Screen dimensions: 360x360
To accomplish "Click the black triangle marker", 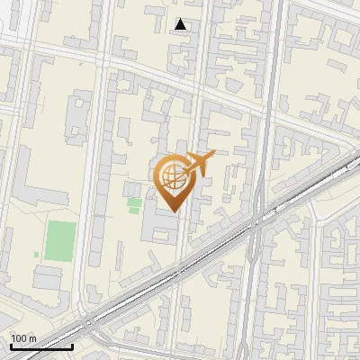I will [x=181, y=24].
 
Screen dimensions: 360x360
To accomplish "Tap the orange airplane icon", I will [x=199, y=163].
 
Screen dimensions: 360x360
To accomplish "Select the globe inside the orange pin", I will [x=170, y=175].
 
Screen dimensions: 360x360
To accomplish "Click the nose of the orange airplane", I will [x=213, y=155].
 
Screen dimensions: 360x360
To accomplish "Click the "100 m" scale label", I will [x=23, y=338].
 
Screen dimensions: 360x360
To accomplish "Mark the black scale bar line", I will [x=41, y=346].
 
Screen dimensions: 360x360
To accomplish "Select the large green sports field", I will [x=61, y=238].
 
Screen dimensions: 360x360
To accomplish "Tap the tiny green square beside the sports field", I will [x=37, y=255].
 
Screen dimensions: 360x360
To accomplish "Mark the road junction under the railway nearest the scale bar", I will [x=87, y=321].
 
